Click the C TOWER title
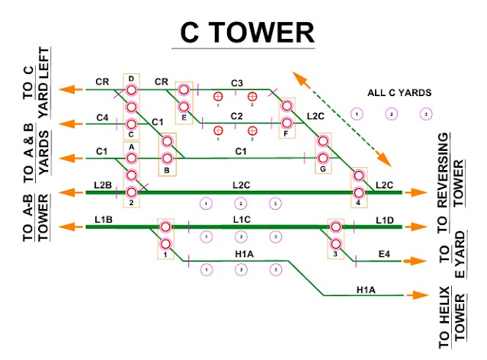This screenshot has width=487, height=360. (x=247, y=33)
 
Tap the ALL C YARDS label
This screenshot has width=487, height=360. (x=399, y=92)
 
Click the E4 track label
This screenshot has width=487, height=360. (x=384, y=254)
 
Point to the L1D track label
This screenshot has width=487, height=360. (x=385, y=220)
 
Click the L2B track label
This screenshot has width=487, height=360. (x=103, y=185)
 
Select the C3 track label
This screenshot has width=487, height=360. (x=237, y=83)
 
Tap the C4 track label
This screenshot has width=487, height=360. (x=102, y=117)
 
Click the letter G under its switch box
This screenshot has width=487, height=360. (x=323, y=169)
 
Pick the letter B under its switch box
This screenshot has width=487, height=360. (x=167, y=170)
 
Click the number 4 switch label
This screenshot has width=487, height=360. (x=358, y=203)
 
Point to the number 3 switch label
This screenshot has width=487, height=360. (x=335, y=254)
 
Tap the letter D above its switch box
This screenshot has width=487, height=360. (x=131, y=79)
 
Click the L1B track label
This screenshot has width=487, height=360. (x=104, y=220)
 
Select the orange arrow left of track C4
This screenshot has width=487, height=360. (x=71, y=124)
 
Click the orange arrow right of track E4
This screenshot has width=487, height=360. (x=415, y=261)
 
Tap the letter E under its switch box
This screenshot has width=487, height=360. (x=184, y=117)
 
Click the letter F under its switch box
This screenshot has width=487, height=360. (x=286, y=134)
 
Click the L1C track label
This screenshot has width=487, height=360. (x=242, y=220)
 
